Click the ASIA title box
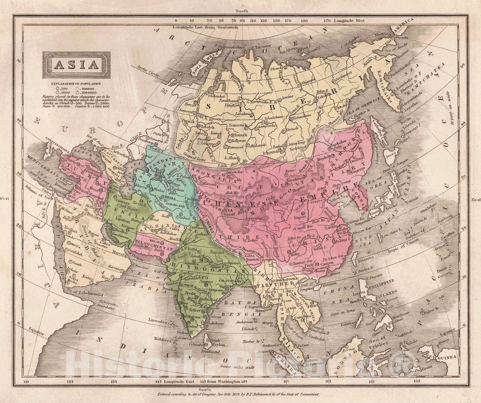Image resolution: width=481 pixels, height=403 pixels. point(76,65)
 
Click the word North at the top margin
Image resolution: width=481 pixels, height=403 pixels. point(242,11)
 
